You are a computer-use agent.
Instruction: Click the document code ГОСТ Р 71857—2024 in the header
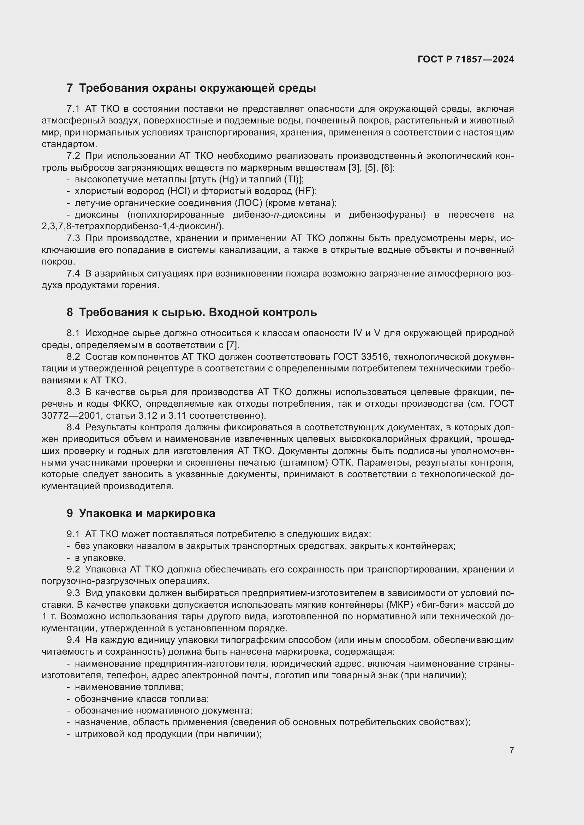tap(466, 60)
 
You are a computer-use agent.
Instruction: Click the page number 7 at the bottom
tap(511, 750)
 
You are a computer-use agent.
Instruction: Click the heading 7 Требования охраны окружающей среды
tap(191, 88)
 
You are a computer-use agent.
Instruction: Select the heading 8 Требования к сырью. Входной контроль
tap(191, 312)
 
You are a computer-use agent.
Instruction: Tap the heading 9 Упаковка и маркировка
tap(141, 513)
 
